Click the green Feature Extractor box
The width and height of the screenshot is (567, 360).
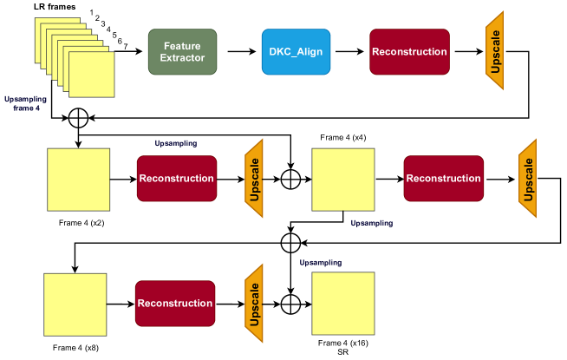[x=182, y=52]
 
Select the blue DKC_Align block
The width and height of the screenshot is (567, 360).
[x=296, y=52]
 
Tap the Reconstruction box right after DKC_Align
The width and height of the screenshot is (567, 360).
[x=409, y=52]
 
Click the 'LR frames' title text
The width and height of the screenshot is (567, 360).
[x=55, y=7]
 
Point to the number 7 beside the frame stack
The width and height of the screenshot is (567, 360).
[x=126, y=46]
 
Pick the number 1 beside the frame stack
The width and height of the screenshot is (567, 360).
[x=92, y=12]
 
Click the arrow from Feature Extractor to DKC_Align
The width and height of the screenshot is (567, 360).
[x=242, y=52]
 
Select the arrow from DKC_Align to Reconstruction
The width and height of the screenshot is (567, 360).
[x=349, y=52]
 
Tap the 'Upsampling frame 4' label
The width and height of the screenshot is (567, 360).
[x=25, y=103]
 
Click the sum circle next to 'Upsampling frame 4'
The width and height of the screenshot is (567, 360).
[x=79, y=118]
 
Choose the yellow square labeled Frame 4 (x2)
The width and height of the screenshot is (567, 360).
[x=79, y=180]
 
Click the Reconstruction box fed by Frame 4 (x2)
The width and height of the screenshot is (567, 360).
[x=177, y=179]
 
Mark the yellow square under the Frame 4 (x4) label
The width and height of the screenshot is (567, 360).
[x=343, y=180]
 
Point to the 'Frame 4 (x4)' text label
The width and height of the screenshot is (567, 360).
[x=343, y=137]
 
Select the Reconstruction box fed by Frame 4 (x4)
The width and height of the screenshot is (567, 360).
[x=444, y=179]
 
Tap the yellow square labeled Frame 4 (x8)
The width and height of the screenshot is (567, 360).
[x=75, y=304]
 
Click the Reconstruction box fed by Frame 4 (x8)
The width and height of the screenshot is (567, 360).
[x=175, y=304]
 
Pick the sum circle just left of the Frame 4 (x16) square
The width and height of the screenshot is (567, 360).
[x=290, y=304]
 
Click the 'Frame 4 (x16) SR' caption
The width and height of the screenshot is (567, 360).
[x=343, y=347]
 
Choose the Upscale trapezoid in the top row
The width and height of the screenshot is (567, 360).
[x=495, y=50]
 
